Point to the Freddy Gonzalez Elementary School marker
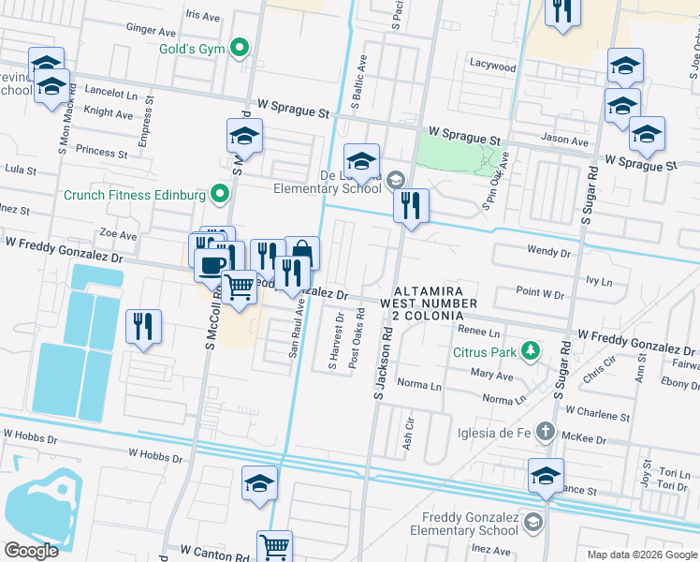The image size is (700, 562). tap(533, 521)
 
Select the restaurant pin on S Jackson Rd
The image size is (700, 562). tap(411, 205)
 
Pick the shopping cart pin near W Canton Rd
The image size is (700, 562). tap(274, 546)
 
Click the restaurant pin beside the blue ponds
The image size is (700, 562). tap(143, 326)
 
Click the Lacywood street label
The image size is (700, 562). tap(493, 67)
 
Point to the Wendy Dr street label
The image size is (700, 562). tap(549, 252)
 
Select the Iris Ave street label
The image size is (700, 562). tap(203, 15)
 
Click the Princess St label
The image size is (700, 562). tap(102, 151)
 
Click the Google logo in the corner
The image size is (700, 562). tap(31, 551)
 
